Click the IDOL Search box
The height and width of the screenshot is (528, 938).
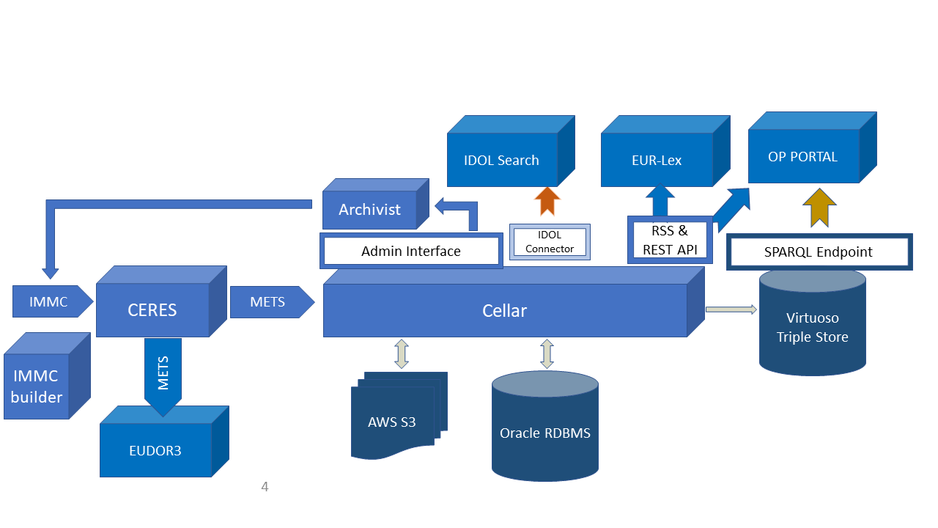502,160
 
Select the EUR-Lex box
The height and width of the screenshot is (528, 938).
657,160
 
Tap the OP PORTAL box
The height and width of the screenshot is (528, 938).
803,157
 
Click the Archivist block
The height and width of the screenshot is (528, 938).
369,210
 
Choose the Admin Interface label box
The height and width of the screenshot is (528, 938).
411,251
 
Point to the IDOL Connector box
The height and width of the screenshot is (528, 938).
550,242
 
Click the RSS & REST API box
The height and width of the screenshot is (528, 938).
670,240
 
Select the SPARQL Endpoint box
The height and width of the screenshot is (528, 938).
819,252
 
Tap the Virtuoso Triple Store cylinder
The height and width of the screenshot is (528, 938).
813,327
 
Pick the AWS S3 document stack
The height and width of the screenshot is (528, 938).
393,422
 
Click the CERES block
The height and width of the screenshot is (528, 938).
152,310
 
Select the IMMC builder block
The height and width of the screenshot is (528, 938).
37,386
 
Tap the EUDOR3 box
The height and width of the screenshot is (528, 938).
155,450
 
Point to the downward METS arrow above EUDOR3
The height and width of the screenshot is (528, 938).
163,374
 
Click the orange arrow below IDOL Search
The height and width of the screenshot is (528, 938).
547,201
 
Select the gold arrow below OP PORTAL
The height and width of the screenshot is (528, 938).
819,208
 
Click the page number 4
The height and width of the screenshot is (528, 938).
265,486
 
